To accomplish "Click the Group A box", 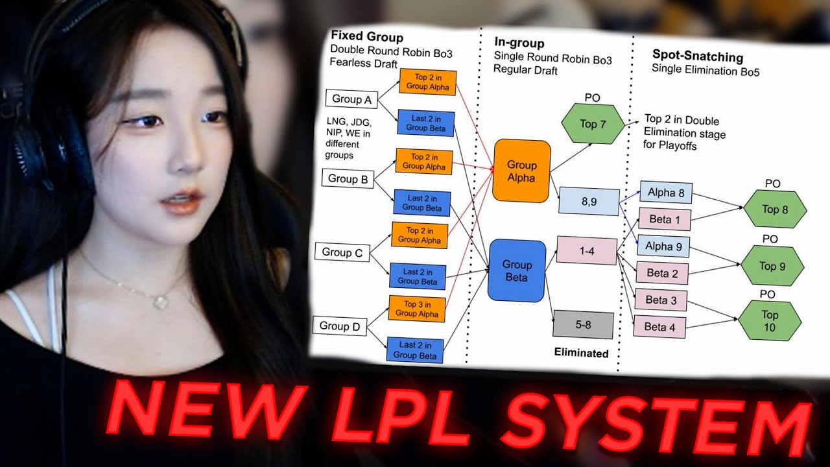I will (x=351, y=99).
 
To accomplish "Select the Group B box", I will (x=348, y=178).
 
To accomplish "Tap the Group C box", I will (x=342, y=252).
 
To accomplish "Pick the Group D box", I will (x=339, y=326).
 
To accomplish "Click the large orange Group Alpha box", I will (x=521, y=170).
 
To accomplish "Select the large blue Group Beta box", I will (x=517, y=270).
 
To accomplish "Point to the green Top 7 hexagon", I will (x=592, y=124).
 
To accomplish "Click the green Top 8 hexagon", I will (x=775, y=209).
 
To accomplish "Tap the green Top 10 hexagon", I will (x=769, y=320).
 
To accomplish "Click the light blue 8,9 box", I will (x=589, y=202).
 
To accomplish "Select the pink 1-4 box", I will (x=586, y=251).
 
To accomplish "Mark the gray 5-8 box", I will (x=582, y=324).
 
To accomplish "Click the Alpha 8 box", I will (x=665, y=192).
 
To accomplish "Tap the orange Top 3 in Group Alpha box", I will (x=417, y=309).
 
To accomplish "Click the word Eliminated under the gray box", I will (x=581, y=353).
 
